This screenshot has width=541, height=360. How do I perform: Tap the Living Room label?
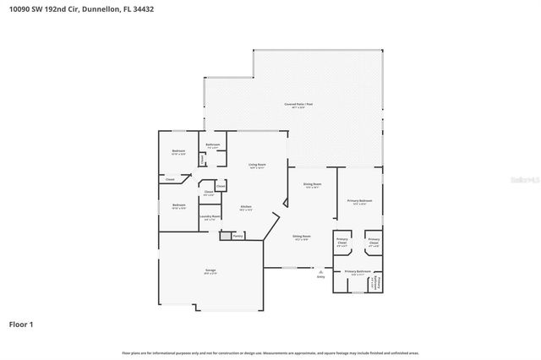257,165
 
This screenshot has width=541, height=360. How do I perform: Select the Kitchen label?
246,206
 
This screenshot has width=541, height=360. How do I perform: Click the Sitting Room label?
302,237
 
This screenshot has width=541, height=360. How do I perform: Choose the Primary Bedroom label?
358,200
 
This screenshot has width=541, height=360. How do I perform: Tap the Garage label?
210,270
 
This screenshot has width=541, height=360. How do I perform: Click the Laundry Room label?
210,217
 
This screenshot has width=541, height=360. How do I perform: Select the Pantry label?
238,236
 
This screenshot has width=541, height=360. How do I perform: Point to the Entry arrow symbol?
320,270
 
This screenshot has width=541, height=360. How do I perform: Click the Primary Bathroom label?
358,271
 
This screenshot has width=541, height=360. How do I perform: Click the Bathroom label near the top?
213,145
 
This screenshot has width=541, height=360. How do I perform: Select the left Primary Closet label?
342,241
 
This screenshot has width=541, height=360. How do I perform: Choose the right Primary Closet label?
374,241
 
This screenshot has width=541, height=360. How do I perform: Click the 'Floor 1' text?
21,324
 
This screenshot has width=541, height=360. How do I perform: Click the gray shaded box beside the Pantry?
226,236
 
